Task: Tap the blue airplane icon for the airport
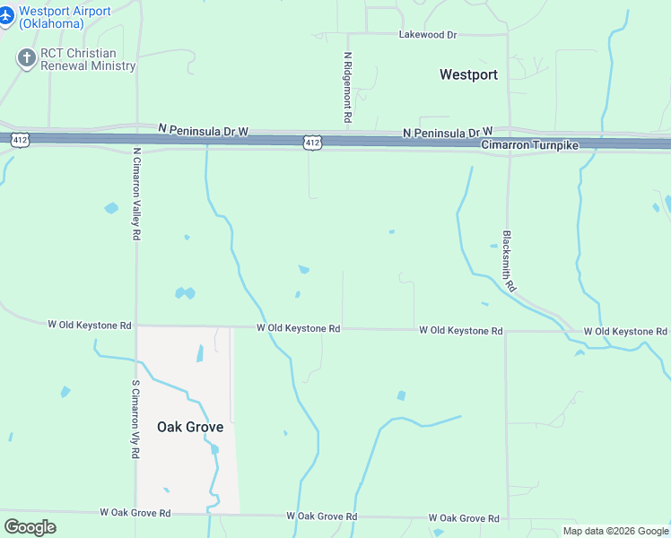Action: (x=7, y=15)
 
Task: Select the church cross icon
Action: (x=26, y=58)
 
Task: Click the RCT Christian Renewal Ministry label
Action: (x=88, y=59)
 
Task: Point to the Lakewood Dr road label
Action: (x=427, y=35)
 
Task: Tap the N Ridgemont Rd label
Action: (x=347, y=87)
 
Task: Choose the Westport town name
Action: (x=468, y=74)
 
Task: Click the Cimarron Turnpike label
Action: (x=530, y=144)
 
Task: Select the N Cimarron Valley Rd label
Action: (x=136, y=194)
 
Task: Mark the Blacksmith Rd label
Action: (x=508, y=261)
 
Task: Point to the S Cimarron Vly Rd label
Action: (x=136, y=419)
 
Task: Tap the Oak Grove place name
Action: (x=190, y=427)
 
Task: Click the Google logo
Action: (x=30, y=527)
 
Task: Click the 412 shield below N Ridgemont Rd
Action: (x=311, y=143)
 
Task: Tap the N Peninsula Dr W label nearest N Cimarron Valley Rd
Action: (x=203, y=131)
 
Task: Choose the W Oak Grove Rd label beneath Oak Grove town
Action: (x=135, y=513)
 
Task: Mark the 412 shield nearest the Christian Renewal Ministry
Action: (x=19, y=139)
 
